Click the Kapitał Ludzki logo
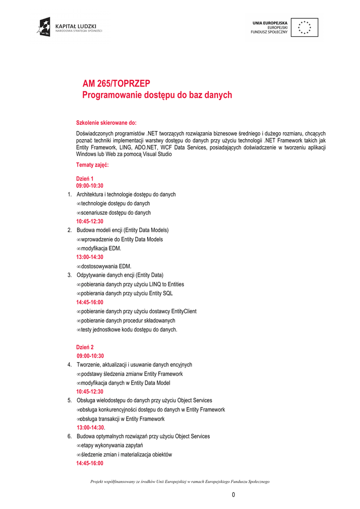(69, 27)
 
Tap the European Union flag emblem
(304, 27)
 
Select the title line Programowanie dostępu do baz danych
(157, 94)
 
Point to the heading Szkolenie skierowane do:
(106, 122)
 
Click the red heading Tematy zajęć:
(92, 165)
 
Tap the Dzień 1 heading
(85, 178)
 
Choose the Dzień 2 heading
(85, 347)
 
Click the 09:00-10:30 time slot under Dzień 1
(90, 185)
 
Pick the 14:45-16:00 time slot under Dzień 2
(90, 463)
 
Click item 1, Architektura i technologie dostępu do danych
(126, 194)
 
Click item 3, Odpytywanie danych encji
(120, 275)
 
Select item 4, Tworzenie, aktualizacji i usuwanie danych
(134, 365)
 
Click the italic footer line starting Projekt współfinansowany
(180, 481)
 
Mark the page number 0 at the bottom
(233, 495)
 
